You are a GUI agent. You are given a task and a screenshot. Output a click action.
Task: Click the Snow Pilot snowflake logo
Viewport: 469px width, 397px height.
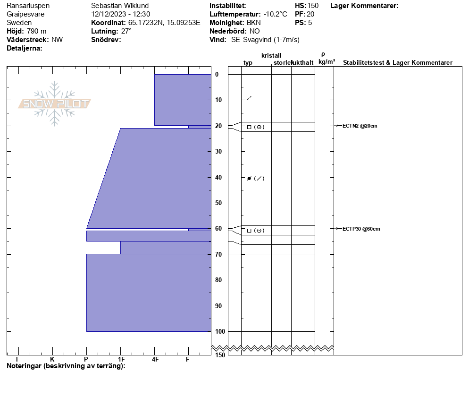click(x=54, y=104)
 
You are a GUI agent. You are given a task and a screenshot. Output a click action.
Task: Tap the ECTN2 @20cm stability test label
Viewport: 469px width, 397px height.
click(x=360, y=126)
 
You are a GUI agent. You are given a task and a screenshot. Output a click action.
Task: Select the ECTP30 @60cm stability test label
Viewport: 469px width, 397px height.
click(x=361, y=229)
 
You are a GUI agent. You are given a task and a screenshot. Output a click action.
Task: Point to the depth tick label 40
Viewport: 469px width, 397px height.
click(x=218, y=177)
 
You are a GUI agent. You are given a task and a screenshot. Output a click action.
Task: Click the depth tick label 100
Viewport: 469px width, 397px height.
click(x=220, y=331)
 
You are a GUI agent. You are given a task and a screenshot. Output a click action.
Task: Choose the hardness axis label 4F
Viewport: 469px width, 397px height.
click(x=155, y=359)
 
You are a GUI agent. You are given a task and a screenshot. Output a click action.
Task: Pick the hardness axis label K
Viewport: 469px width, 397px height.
click(x=52, y=359)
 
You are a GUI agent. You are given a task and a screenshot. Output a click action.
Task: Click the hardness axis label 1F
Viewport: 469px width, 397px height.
click(x=121, y=359)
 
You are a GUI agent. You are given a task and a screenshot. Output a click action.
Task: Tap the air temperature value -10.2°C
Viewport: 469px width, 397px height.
click(x=275, y=14)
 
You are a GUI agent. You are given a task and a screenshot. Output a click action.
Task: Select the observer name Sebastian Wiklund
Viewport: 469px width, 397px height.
click(x=120, y=6)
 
